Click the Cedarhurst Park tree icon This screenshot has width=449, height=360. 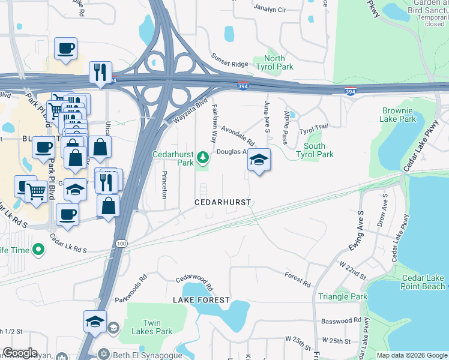(x=203, y=158)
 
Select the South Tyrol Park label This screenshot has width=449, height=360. (x=315, y=150)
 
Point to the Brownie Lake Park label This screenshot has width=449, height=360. (x=398, y=115)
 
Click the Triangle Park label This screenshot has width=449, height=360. (x=342, y=296)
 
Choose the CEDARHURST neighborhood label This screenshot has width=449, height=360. (x=223, y=202)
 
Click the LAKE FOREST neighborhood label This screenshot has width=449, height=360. (x=201, y=299)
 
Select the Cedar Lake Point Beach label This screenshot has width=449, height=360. (x=423, y=282)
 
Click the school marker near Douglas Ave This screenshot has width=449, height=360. (x=259, y=160)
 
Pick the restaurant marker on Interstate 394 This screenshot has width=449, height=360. (x=100, y=72)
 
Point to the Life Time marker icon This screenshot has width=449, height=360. (x=39, y=248)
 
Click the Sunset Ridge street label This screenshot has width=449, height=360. (x=229, y=60)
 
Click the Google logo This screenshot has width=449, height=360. (x=20, y=353)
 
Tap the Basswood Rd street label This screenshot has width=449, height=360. (x=341, y=320)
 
